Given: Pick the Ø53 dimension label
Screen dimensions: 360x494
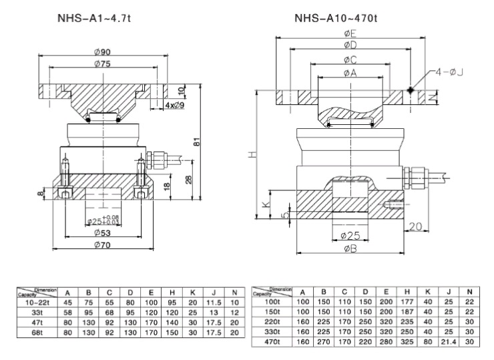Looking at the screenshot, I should pyautogui.click(x=102, y=233).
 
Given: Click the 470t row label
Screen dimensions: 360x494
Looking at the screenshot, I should pyautogui.click(x=272, y=343).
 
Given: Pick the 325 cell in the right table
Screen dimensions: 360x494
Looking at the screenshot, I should pyautogui.click(x=407, y=343).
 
